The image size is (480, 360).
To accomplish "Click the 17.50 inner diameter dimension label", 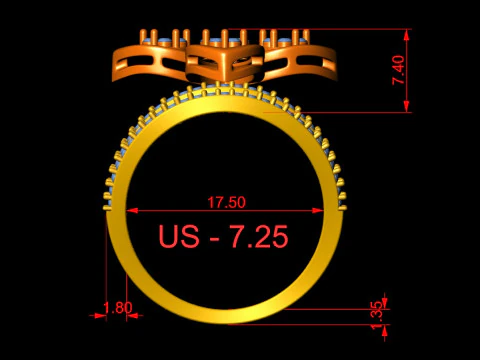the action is coord(227,202).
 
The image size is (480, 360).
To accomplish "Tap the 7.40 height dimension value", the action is coord(399,70).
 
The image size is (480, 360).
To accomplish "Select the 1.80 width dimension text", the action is coord(118,308).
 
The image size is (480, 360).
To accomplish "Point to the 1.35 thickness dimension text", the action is coord(377,315).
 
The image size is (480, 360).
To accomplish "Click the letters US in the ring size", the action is coord(179,236).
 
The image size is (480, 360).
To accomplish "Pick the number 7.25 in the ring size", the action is coord(259,236).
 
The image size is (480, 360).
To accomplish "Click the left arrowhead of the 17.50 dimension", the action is coord(132,210).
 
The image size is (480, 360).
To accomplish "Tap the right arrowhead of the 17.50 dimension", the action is coord(318,210).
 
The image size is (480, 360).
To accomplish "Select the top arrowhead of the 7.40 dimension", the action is coord(406,35).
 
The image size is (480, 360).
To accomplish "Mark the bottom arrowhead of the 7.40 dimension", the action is coord(406,106).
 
